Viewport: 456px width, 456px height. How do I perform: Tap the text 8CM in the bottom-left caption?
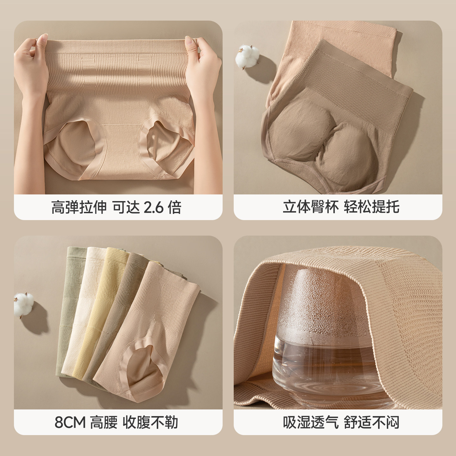tap(70, 422)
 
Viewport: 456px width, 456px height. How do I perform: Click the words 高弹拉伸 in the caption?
tap(79, 208)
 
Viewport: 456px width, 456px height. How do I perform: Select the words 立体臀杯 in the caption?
tap(310, 207)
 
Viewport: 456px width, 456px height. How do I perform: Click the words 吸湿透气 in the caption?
tap(311, 422)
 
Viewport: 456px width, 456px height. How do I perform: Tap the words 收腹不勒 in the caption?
tap(150, 422)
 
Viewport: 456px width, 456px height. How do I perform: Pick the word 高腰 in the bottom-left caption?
tap(104, 422)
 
